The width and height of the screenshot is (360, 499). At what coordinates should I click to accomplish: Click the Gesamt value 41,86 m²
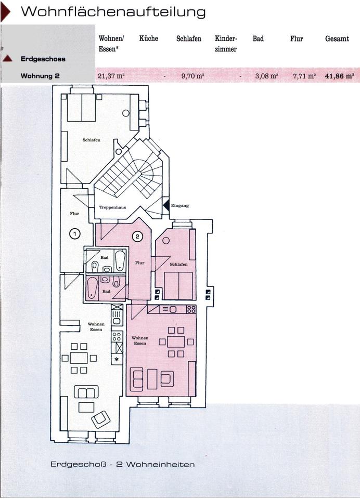pyautogui.click(x=340, y=76)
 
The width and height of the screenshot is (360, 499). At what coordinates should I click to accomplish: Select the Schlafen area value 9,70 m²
pyautogui.click(x=192, y=76)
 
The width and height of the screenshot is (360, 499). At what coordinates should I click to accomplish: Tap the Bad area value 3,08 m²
pyautogui.click(x=267, y=76)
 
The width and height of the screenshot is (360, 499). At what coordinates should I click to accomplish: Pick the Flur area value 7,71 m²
pyautogui.click(x=304, y=76)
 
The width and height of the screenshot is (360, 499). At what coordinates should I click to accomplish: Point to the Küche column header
pyautogui.click(x=148, y=38)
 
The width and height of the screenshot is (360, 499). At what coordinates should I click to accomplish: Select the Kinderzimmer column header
pyautogui.click(x=226, y=44)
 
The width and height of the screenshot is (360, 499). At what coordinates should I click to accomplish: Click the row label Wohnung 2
pyautogui.click(x=40, y=76)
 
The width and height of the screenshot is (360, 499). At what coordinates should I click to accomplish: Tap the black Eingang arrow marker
pyautogui.click(x=166, y=205)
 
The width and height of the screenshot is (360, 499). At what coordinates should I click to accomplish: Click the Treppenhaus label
pyautogui.click(x=112, y=207)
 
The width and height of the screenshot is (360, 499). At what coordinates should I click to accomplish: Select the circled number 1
pyautogui.click(x=74, y=234)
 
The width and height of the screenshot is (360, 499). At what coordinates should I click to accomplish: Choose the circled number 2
pyautogui.click(x=137, y=237)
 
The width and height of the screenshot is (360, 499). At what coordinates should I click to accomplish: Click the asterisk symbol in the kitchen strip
pyautogui.click(x=117, y=360)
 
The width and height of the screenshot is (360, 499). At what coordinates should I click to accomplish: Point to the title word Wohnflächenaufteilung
pyautogui.click(x=113, y=12)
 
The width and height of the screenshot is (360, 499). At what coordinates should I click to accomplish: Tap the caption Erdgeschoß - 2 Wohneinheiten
pyautogui.click(x=123, y=464)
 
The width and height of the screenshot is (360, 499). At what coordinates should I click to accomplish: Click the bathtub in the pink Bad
pyautogui.click(x=92, y=288)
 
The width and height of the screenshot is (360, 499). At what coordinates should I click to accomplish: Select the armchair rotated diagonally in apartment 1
pyautogui.click(x=101, y=419)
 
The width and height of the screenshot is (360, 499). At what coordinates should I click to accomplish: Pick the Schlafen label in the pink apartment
pyautogui.click(x=178, y=264)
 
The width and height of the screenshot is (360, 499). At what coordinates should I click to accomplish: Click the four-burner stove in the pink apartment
pyautogui.click(x=191, y=309)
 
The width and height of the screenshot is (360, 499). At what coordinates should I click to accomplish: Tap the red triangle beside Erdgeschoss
pyautogui.click(x=7, y=58)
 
